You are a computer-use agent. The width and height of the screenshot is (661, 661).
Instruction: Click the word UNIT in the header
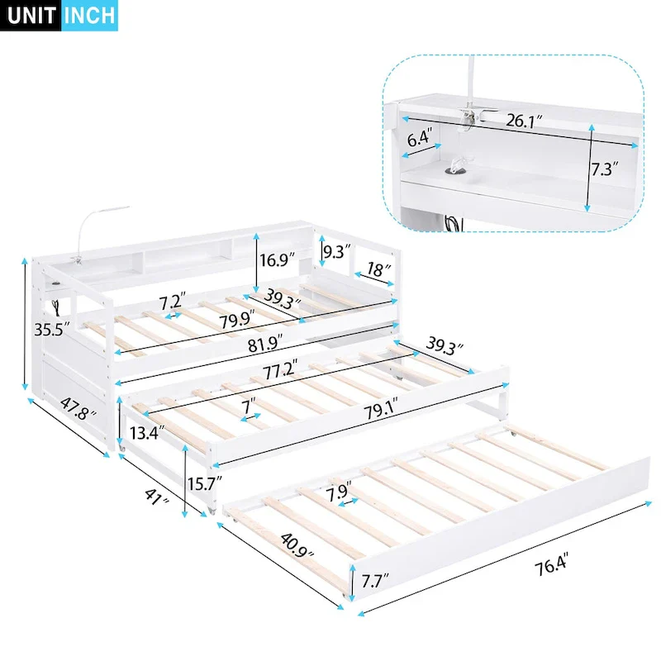coord(31,17)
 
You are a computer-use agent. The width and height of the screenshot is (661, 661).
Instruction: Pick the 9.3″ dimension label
coord(337,250)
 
